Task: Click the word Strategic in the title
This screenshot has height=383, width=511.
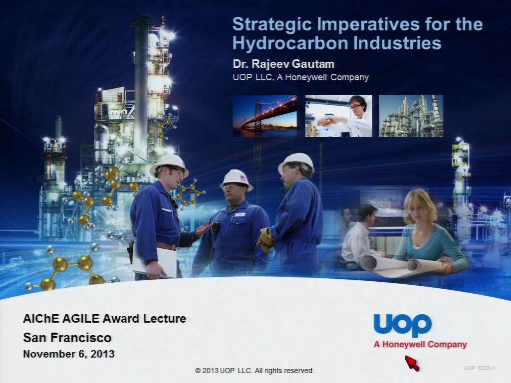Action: [x=272, y=25]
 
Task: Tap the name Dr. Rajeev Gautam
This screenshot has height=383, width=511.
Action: [x=283, y=64]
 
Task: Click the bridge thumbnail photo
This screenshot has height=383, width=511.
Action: [x=264, y=116]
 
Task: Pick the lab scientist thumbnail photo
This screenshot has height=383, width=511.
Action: [x=338, y=116]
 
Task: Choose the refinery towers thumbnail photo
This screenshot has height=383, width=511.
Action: [x=411, y=116]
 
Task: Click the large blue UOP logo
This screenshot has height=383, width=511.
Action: [x=403, y=325]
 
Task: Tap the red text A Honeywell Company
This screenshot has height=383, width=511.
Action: [x=420, y=345]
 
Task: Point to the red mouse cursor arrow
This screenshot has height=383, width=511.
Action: [x=412, y=363]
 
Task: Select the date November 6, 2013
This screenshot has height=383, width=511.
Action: [x=69, y=354]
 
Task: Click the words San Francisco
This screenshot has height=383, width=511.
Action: [x=67, y=338]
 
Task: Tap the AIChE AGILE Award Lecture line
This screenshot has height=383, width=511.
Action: [x=104, y=318]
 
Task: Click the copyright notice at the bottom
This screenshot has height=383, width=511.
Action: [x=254, y=371]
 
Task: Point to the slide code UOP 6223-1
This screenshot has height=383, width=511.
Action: [x=480, y=368]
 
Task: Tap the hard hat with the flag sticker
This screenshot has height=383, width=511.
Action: [x=236, y=180]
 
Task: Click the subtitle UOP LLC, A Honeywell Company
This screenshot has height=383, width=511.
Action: [x=300, y=77]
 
